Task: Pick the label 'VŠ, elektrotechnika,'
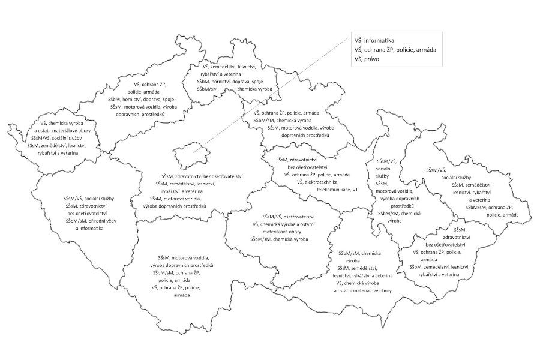(x=318, y=181)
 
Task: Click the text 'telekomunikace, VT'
(x=338, y=189)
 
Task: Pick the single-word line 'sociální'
(x=384, y=169)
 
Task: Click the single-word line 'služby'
(x=384, y=176)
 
